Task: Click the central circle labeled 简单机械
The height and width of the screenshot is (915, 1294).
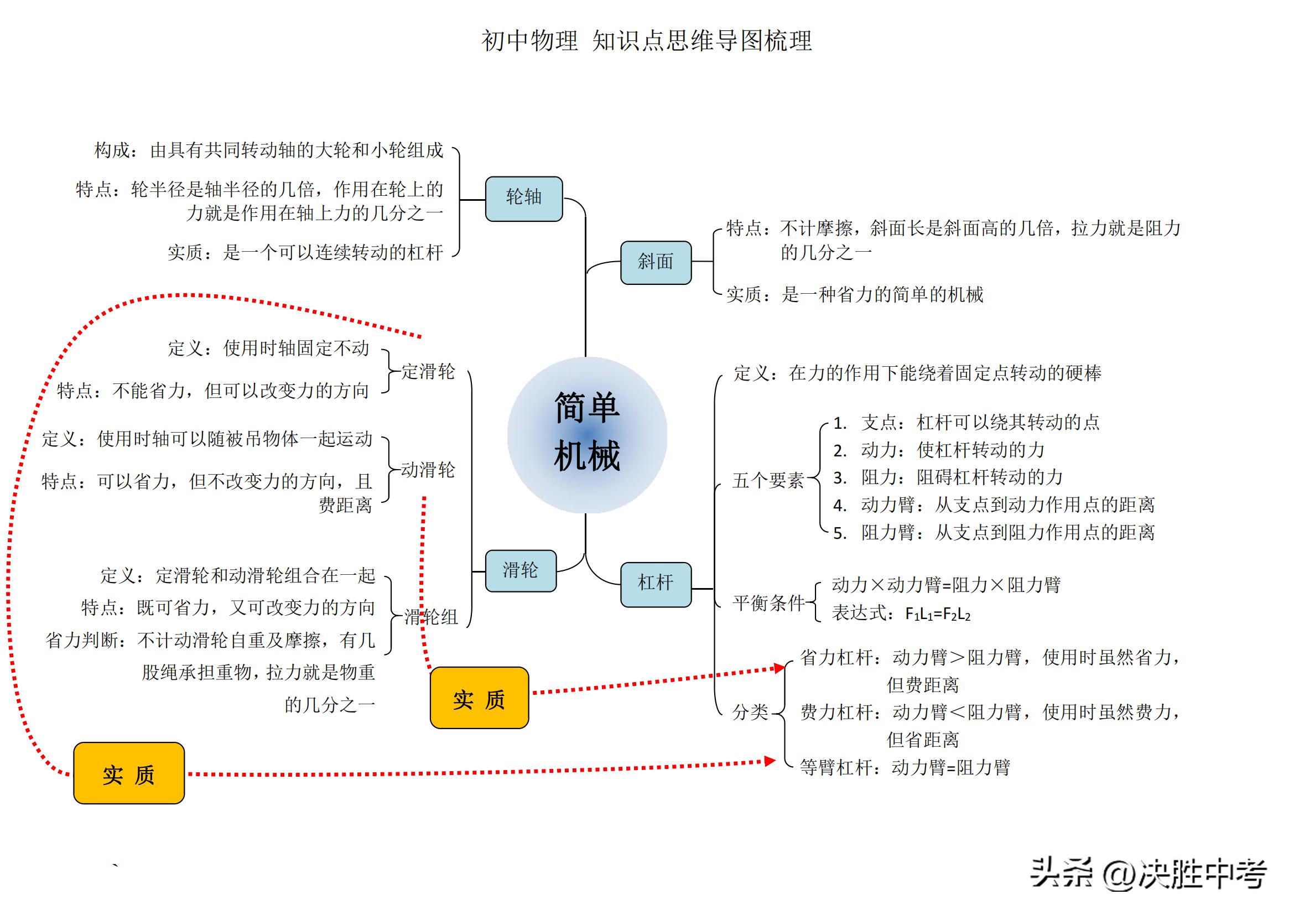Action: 586,434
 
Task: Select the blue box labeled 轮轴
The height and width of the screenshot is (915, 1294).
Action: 523,199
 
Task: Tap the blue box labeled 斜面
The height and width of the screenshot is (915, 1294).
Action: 656,262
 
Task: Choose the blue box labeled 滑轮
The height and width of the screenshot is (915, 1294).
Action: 520,571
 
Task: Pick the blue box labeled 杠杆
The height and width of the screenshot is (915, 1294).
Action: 656,584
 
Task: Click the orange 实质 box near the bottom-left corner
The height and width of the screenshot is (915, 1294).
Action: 128,772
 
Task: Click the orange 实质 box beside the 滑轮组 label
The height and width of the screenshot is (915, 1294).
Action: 479,698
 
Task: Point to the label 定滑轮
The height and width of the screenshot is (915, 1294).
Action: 428,371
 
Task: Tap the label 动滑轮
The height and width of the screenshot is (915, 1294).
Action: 428,469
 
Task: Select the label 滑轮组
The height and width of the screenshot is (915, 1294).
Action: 431,617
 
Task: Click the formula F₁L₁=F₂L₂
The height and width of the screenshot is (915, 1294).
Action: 937,614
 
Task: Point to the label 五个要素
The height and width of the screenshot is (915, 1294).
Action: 768,480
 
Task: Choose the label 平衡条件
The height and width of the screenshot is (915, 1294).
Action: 769,603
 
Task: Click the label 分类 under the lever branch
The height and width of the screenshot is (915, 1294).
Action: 750,712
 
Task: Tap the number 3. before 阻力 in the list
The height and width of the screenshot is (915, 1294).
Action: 840,478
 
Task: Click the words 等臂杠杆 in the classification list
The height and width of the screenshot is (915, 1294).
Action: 836,767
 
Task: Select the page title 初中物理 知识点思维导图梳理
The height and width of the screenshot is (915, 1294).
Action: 646,40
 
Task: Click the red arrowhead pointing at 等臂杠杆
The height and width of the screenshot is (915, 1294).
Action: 770,761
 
